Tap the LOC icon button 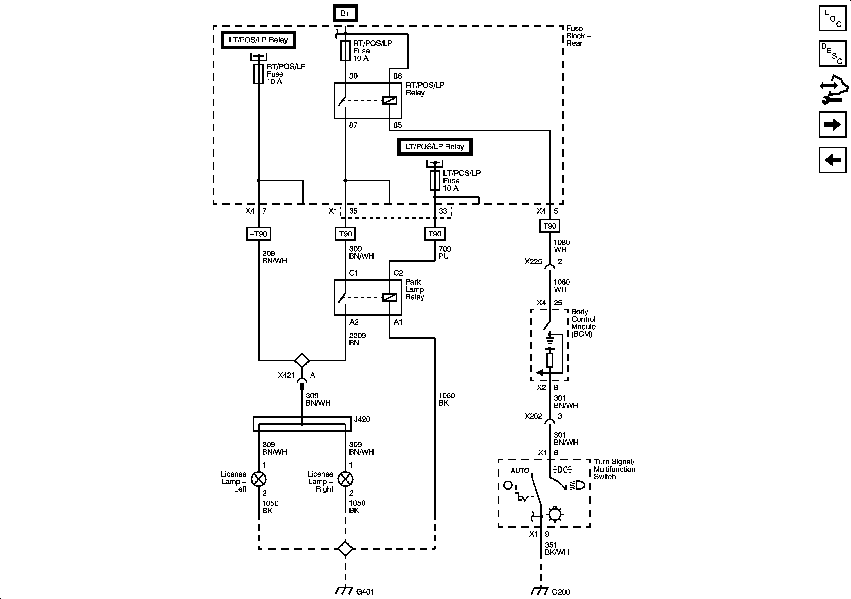coord(833,18)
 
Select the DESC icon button coord(833,54)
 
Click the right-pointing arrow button coord(833,125)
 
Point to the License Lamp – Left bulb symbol coord(258,479)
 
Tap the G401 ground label coord(365,592)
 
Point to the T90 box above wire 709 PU coord(435,234)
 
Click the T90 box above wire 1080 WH coord(550,226)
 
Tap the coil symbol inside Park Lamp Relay coord(390,297)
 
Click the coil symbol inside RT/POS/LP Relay coord(390,100)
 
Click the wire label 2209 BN coord(357,339)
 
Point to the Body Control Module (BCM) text coord(583,323)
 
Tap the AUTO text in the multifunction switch coord(520,470)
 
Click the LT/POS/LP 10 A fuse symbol coord(435,181)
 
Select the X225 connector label coord(533,262)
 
